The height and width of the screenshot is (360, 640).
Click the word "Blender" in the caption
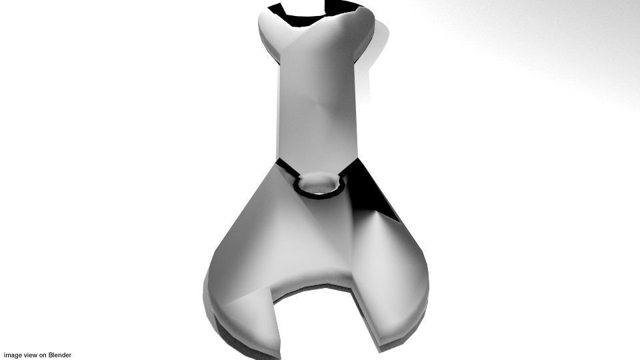tap(59, 355)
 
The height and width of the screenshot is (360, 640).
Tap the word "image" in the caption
tap(13, 355)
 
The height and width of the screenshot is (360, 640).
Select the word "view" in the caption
tap(31, 355)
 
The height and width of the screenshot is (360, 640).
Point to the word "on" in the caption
tap(43, 355)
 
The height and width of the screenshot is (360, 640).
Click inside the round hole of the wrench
tap(319, 182)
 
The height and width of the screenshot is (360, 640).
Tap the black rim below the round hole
tap(319, 196)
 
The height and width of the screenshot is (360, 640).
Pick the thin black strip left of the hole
tap(287, 169)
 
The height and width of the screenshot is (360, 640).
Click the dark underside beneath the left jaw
tap(233, 333)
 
